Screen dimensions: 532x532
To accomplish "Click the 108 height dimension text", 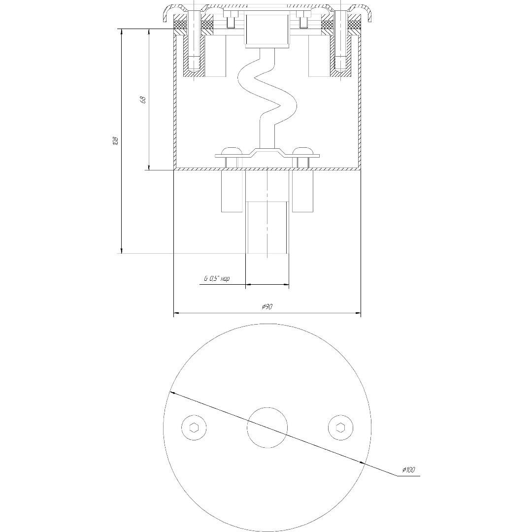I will pos(115,141).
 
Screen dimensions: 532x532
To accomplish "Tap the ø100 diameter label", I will pos(408,470).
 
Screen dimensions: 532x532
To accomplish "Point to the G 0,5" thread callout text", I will pos(217,279).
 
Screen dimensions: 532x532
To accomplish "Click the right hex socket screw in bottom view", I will pos(341,428).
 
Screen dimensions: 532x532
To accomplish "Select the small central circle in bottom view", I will pos(267,428).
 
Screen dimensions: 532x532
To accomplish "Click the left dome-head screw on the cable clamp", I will pos(232,150).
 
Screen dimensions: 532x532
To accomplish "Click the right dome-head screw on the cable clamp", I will pos(302,150).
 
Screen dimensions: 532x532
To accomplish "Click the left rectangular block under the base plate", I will pos(233,191).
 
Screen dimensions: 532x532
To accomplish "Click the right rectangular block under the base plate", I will pos(302,191).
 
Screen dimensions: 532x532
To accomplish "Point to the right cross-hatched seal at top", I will pos(354,24).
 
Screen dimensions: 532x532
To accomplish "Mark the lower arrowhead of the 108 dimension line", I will pos(121,251).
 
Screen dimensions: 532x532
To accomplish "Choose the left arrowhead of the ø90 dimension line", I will pos(177,313).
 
